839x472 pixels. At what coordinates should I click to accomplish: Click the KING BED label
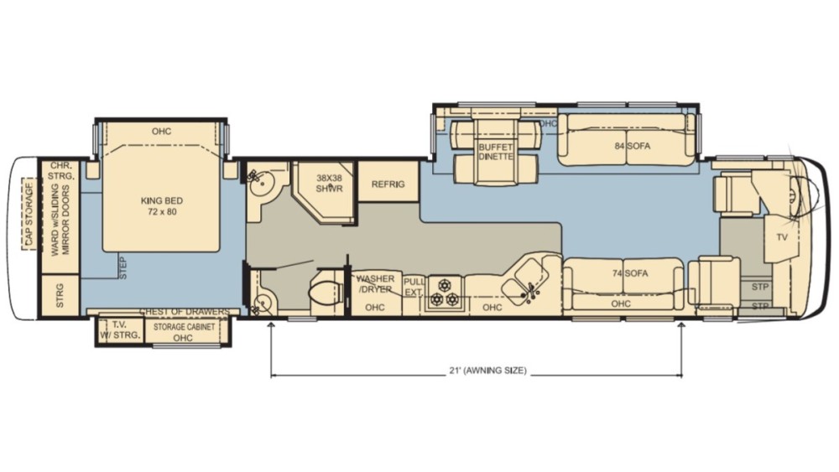162,205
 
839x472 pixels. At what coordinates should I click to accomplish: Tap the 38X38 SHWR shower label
329,183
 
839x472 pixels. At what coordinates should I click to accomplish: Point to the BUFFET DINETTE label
496,151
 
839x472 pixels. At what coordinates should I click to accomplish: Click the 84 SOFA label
632,145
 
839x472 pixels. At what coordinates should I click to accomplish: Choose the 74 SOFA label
630,273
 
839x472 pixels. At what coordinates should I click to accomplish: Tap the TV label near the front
782,237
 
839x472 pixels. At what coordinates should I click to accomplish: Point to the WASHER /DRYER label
375,284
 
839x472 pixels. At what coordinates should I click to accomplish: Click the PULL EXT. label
413,287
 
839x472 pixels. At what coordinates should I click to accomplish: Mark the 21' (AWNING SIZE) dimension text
487,370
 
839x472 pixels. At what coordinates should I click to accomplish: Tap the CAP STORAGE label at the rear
29,215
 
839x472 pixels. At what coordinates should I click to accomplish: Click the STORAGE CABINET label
184,327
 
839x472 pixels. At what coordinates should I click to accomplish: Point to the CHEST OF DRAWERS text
184,312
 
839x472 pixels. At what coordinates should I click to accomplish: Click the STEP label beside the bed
123,267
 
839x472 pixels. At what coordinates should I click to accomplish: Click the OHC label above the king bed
161,131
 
